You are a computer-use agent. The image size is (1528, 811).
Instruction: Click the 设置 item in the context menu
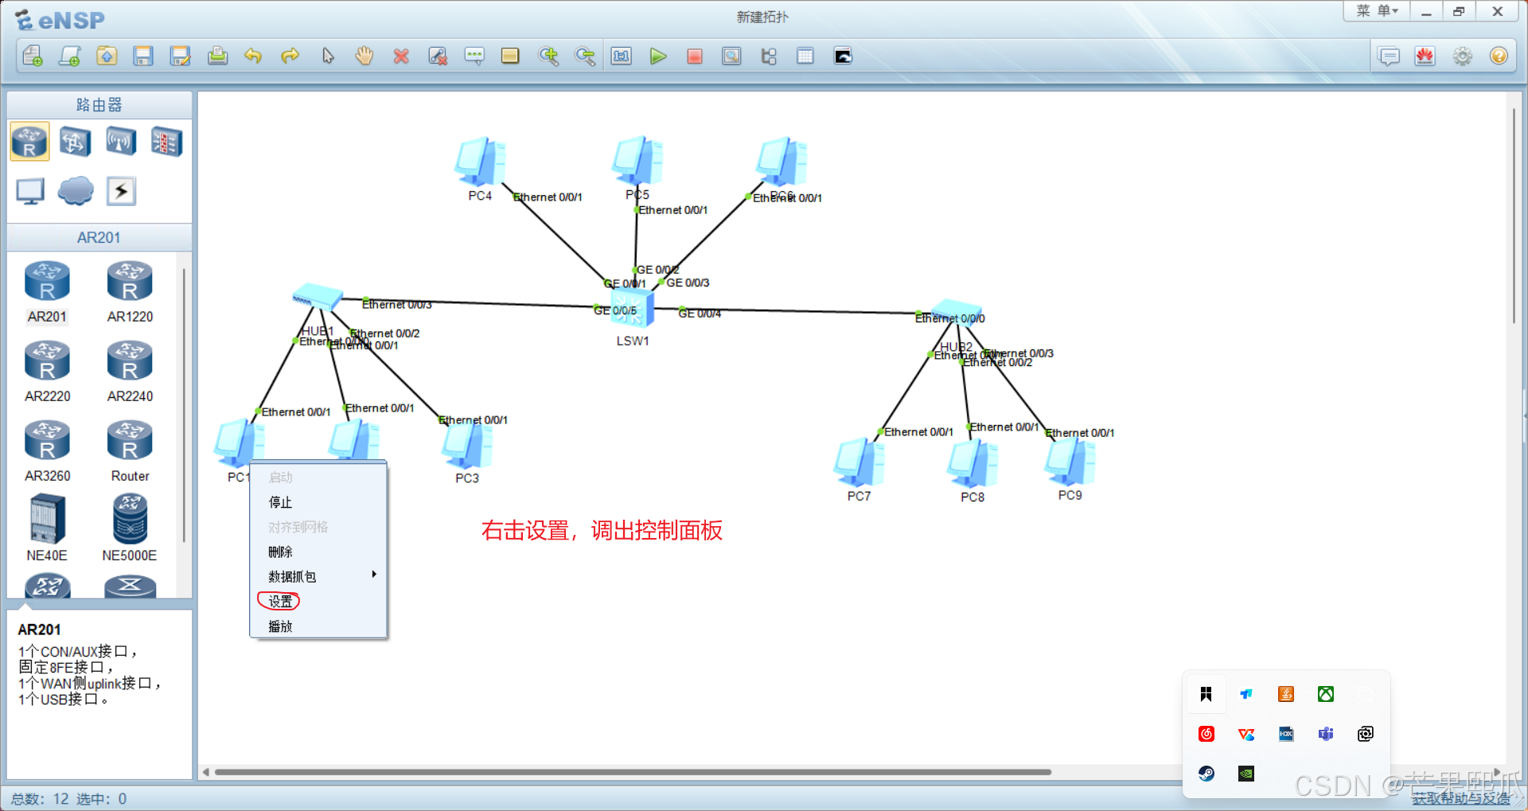click(280, 602)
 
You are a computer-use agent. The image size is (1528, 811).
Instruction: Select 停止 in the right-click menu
click(280, 502)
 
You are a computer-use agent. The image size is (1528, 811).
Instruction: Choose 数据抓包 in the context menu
click(292, 576)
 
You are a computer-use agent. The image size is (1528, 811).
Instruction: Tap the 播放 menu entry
click(280, 626)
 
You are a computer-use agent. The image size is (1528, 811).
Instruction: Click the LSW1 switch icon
click(633, 309)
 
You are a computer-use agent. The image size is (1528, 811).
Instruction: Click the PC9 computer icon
click(1070, 462)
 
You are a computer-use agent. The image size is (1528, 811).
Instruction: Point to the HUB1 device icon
click(318, 297)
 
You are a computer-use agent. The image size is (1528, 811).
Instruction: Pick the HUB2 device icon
click(957, 311)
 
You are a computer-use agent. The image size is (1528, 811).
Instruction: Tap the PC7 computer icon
click(859, 462)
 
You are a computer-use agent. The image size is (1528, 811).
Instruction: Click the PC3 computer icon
click(467, 446)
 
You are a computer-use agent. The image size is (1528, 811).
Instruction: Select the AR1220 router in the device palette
click(130, 282)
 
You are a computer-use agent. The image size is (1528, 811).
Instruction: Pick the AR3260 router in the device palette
click(47, 441)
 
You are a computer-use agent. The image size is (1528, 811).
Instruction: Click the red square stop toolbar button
click(695, 57)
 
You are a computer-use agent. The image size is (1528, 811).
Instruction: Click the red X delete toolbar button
click(401, 57)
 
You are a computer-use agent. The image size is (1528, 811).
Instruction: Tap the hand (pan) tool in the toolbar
click(364, 57)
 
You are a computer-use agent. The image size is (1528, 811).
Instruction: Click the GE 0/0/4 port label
click(700, 314)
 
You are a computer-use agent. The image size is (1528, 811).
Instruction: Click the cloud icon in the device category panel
click(76, 191)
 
